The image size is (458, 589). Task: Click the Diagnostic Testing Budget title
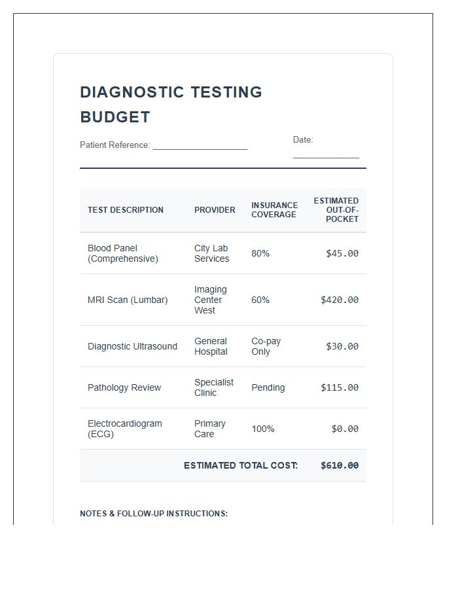coord(171,105)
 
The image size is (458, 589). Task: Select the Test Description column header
coord(126,210)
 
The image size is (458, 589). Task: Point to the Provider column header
coord(215,210)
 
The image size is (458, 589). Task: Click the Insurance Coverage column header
coord(274,210)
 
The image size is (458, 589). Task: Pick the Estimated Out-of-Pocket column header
coord(336,210)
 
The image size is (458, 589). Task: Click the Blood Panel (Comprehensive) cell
coord(123,253)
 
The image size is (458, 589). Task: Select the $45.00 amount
coord(342,253)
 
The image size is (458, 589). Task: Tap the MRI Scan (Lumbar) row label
coord(128,300)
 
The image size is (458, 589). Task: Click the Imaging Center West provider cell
coord(211,300)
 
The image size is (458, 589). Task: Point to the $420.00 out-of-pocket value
coord(340,300)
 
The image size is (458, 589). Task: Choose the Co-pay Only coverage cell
coord(266,346)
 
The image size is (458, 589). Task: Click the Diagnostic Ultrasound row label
coord(132,346)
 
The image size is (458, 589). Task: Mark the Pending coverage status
coord(268,387)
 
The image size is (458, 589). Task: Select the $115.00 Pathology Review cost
coord(340,387)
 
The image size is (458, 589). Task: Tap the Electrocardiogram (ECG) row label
coord(125,429)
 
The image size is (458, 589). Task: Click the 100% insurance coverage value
coord(263,429)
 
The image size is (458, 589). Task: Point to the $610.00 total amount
coord(340,465)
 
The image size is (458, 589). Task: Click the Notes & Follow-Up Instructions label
coord(154,514)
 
